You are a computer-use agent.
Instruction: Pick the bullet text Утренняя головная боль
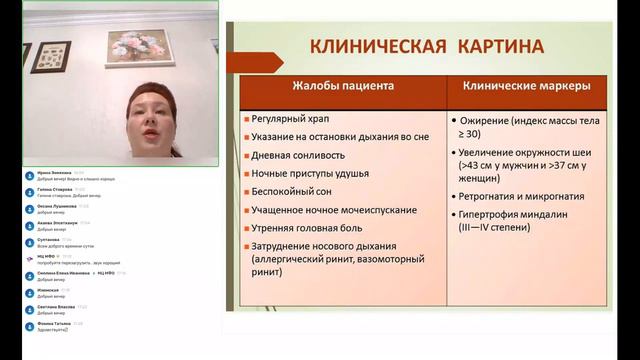click(313, 228)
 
